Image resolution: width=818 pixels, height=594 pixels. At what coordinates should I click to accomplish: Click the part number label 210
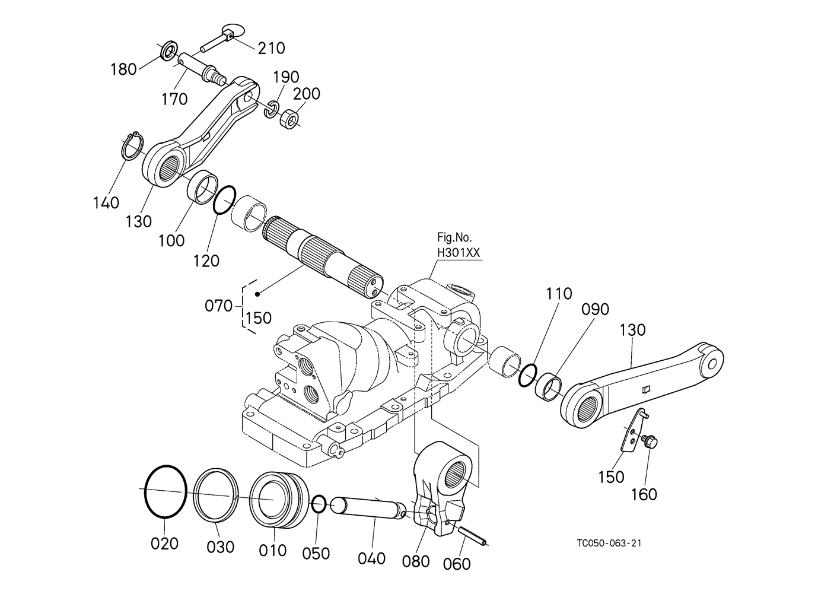pos(271,49)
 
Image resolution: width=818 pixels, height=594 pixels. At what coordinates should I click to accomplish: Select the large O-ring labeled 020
pos(165,491)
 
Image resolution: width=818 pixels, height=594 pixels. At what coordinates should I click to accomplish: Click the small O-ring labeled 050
pos(319,504)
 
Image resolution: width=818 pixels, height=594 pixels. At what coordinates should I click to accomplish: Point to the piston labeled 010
pos(279,500)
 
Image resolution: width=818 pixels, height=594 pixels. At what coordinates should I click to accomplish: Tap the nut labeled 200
pos(289,118)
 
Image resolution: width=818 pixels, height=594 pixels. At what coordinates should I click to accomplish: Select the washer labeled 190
pos(271,109)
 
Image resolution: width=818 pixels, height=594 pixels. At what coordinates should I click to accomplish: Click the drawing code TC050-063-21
pos(609,543)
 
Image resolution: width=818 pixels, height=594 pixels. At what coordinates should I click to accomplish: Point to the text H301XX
pos(459,253)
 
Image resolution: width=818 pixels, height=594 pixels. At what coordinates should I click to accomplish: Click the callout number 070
pos(218,306)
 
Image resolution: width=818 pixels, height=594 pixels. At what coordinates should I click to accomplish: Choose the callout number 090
pos(595,309)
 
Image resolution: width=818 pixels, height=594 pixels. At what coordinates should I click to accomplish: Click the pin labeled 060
pos(473,536)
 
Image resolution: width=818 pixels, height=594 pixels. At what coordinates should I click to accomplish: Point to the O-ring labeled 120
pos(224,200)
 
